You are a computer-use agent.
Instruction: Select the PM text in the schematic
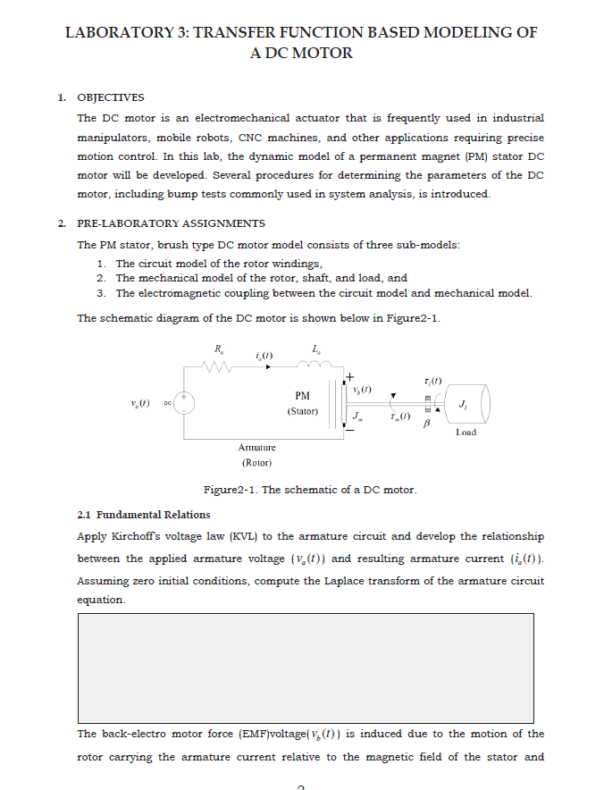(x=302, y=395)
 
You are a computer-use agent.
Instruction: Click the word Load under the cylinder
(x=466, y=432)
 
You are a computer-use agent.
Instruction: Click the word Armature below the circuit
(x=256, y=447)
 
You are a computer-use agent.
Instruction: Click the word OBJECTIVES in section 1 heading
(x=111, y=97)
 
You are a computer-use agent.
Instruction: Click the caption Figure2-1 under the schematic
(x=310, y=490)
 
